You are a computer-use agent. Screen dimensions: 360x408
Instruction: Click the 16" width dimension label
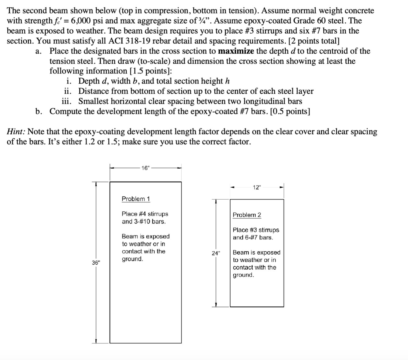pyautogui.click(x=146, y=168)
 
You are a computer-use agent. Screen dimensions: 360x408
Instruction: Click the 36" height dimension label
pyautogui.click(x=96, y=262)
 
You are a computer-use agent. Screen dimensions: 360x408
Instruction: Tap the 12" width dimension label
pyautogui.click(x=257, y=187)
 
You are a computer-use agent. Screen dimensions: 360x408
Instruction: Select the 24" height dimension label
pyautogui.click(x=216, y=253)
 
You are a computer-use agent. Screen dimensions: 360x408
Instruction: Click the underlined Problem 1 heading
pyautogui.click(x=136, y=199)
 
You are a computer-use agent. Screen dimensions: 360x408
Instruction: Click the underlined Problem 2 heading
pyautogui.click(x=247, y=215)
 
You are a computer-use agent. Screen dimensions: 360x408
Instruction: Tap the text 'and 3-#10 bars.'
pyautogui.click(x=143, y=221)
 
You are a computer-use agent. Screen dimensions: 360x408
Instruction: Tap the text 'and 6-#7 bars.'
pyautogui.click(x=253, y=237)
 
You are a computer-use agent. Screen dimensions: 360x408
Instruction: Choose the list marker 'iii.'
pyautogui.click(x=68, y=101)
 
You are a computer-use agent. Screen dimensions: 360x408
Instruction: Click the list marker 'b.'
pyautogui.click(x=39, y=111)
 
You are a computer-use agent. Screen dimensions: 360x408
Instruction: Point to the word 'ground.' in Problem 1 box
pyautogui.click(x=132, y=259)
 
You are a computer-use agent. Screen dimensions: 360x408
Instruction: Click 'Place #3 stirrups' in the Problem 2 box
pyautogui.click(x=256, y=230)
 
